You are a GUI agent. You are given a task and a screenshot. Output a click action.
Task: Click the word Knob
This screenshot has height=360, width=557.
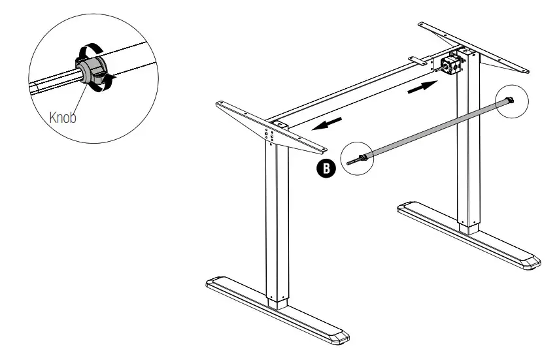[63, 118]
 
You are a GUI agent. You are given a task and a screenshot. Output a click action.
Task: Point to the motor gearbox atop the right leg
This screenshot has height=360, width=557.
[452, 63]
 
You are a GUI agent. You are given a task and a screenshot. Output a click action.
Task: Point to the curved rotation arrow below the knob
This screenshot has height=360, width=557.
[108, 81]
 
